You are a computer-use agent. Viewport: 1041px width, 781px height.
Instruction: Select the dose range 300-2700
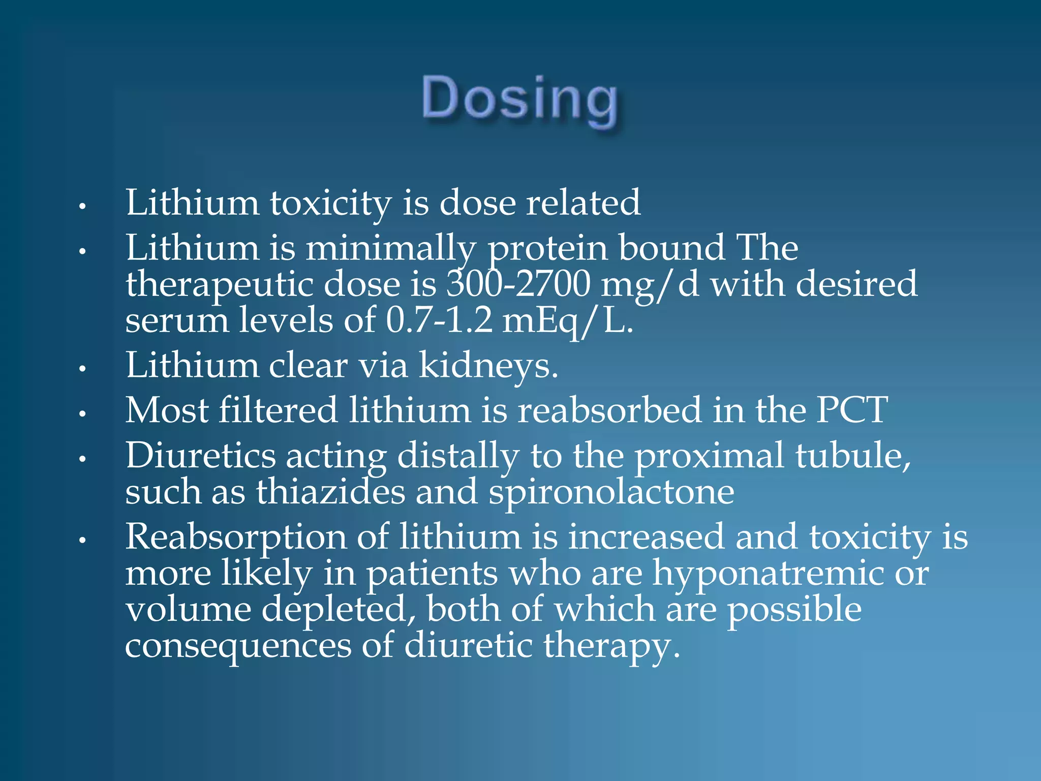tap(518, 284)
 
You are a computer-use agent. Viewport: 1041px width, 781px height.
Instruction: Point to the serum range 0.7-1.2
tap(439, 321)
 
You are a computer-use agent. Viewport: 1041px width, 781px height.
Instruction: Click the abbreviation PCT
tap(852, 410)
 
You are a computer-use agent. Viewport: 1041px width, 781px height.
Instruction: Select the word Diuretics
tap(201, 455)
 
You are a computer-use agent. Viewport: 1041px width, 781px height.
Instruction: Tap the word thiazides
tap(331, 492)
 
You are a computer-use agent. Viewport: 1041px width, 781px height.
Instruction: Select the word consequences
tap(238, 646)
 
